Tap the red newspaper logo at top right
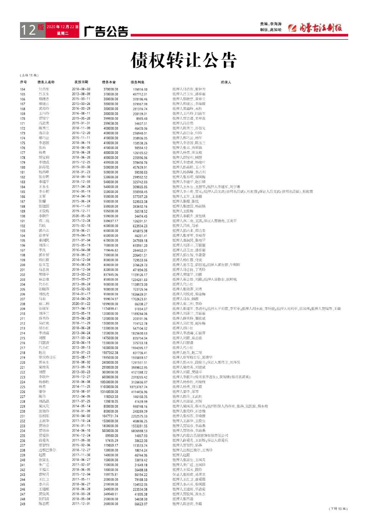click(315, 28)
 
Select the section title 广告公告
click(106, 31)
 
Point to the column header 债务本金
click(109, 82)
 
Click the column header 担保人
click(226, 82)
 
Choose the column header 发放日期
click(81, 82)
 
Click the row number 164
click(23, 89)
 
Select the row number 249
click(23, 504)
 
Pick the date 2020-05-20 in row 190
click(81, 216)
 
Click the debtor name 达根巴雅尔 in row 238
click(47, 450)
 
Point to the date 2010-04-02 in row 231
click(81, 416)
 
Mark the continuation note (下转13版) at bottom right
click(338, 508)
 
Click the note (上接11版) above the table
click(29, 75)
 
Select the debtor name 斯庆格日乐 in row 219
click(47, 357)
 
